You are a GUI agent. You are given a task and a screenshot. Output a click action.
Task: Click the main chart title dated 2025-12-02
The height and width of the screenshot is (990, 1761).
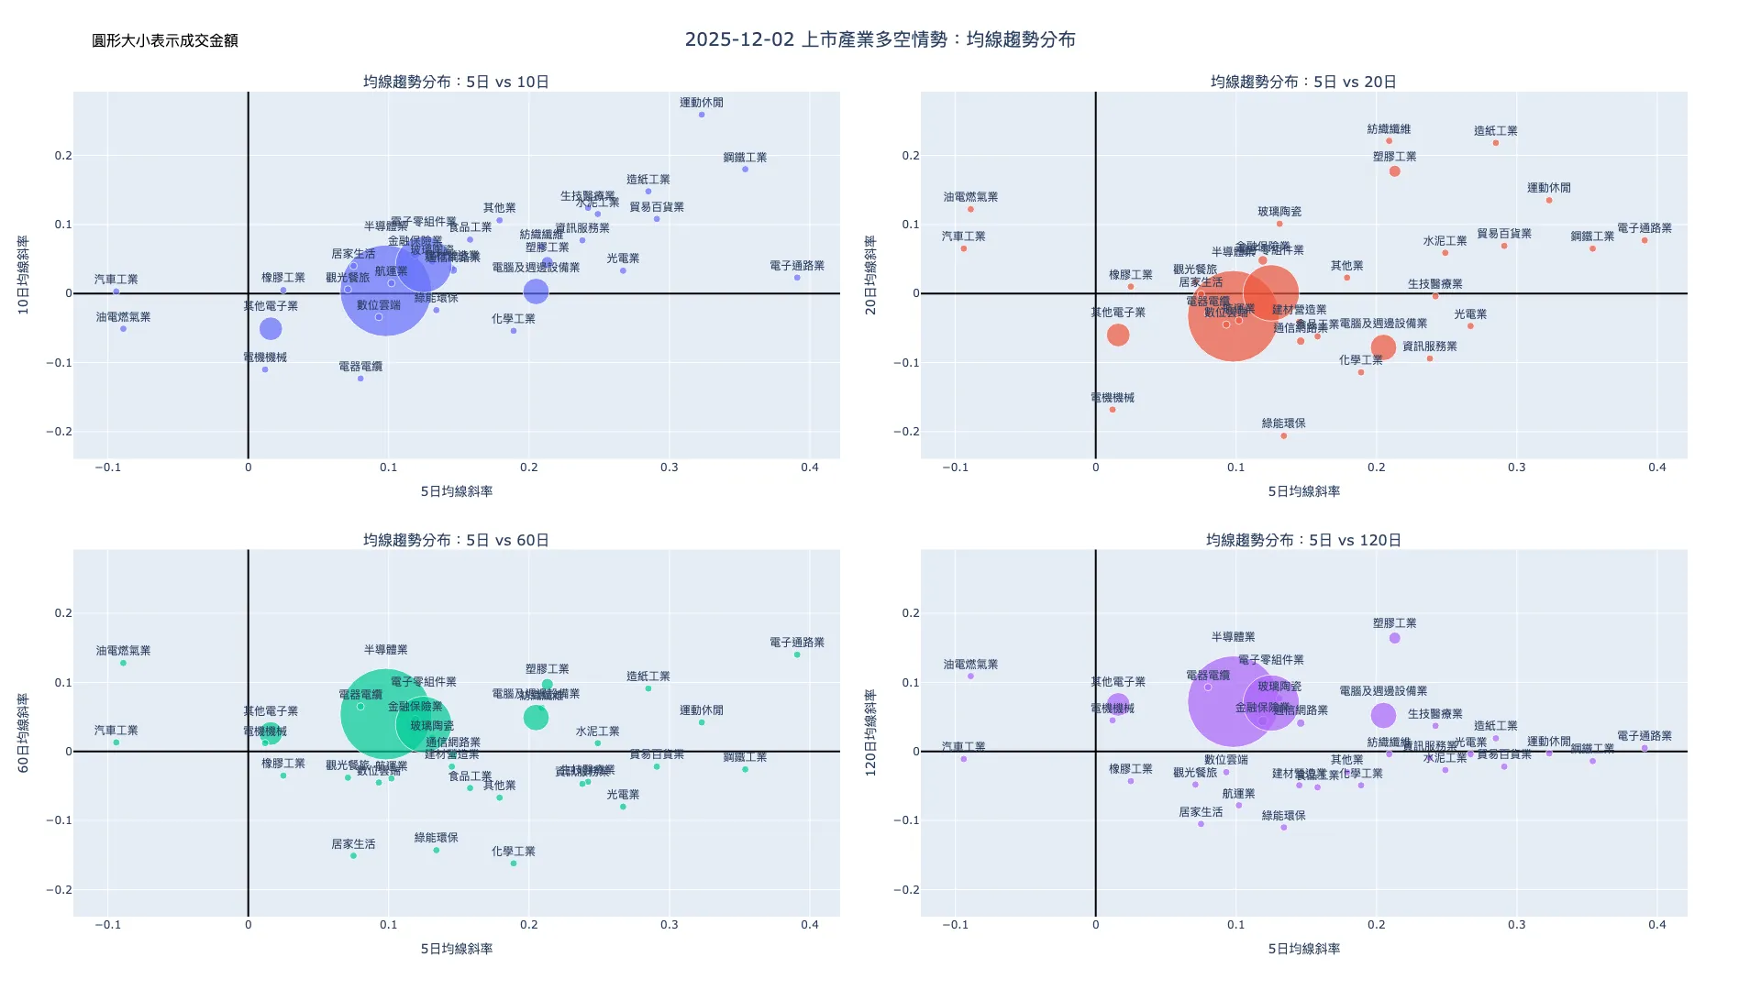(x=880, y=39)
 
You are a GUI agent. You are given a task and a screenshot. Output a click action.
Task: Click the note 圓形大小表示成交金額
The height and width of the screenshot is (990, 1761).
(x=165, y=40)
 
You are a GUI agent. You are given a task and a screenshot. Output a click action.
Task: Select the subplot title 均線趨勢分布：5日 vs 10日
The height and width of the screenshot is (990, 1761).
(x=456, y=82)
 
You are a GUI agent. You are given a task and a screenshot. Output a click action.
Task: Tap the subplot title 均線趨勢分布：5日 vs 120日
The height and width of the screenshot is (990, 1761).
(x=1303, y=540)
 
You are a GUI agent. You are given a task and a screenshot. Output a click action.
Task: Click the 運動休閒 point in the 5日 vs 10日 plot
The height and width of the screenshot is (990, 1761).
(x=702, y=115)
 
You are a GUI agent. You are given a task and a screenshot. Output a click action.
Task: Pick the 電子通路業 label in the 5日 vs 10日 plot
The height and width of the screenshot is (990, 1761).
(x=797, y=266)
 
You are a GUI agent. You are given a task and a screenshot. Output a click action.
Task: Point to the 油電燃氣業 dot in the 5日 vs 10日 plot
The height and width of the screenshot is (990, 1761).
(x=123, y=329)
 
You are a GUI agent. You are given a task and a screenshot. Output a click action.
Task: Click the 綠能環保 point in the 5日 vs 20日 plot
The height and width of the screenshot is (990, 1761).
(x=1284, y=435)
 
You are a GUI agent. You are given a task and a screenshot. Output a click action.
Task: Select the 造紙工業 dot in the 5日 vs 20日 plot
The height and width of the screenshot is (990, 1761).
(x=1496, y=143)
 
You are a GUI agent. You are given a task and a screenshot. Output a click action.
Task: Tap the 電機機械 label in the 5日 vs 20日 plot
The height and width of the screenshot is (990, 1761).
(x=1113, y=398)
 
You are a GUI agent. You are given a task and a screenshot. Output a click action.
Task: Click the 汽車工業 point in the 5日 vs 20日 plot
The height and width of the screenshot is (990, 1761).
(x=964, y=248)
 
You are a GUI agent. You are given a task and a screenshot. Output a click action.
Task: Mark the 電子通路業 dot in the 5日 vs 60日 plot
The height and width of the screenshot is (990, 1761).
(x=797, y=654)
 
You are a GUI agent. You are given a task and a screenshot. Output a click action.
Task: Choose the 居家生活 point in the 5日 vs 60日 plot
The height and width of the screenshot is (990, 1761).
(x=353, y=856)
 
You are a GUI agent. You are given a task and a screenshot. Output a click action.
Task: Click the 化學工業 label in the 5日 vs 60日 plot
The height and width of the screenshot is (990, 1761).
(x=514, y=852)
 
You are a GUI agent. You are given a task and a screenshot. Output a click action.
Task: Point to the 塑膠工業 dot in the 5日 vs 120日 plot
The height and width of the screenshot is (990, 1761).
(x=1395, y=638)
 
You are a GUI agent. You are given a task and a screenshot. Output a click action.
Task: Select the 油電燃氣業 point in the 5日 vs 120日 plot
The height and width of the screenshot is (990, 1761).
(x=970, y=676)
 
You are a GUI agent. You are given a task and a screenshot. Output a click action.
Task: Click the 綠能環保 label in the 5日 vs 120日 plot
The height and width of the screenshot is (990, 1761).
(x=1284, y=816)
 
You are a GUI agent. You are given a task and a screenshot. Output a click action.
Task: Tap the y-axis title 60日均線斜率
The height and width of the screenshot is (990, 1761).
(x=24, y=733)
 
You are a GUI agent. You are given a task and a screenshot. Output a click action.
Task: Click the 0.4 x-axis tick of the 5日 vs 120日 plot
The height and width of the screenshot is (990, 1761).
(x=1657, y=925)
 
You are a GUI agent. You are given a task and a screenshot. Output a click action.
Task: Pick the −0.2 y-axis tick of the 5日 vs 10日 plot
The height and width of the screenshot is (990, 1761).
(x=60, y=432)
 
